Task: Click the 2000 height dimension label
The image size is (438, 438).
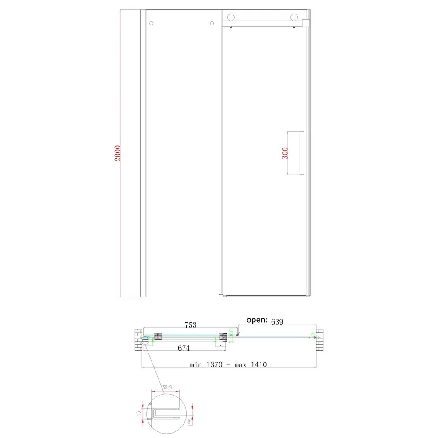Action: point(117,153)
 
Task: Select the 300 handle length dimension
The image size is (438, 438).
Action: point(285,153)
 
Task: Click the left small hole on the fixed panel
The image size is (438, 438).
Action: point(152,23)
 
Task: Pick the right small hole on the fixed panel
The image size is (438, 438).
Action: point(212,23)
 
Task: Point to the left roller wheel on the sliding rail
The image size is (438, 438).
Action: point(231,18)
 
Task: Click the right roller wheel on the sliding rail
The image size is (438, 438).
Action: point(294,18)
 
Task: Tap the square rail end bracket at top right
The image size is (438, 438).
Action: point(306,23)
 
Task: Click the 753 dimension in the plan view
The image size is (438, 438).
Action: point(191,325)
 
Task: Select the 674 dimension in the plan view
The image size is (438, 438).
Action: point(184,348)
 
